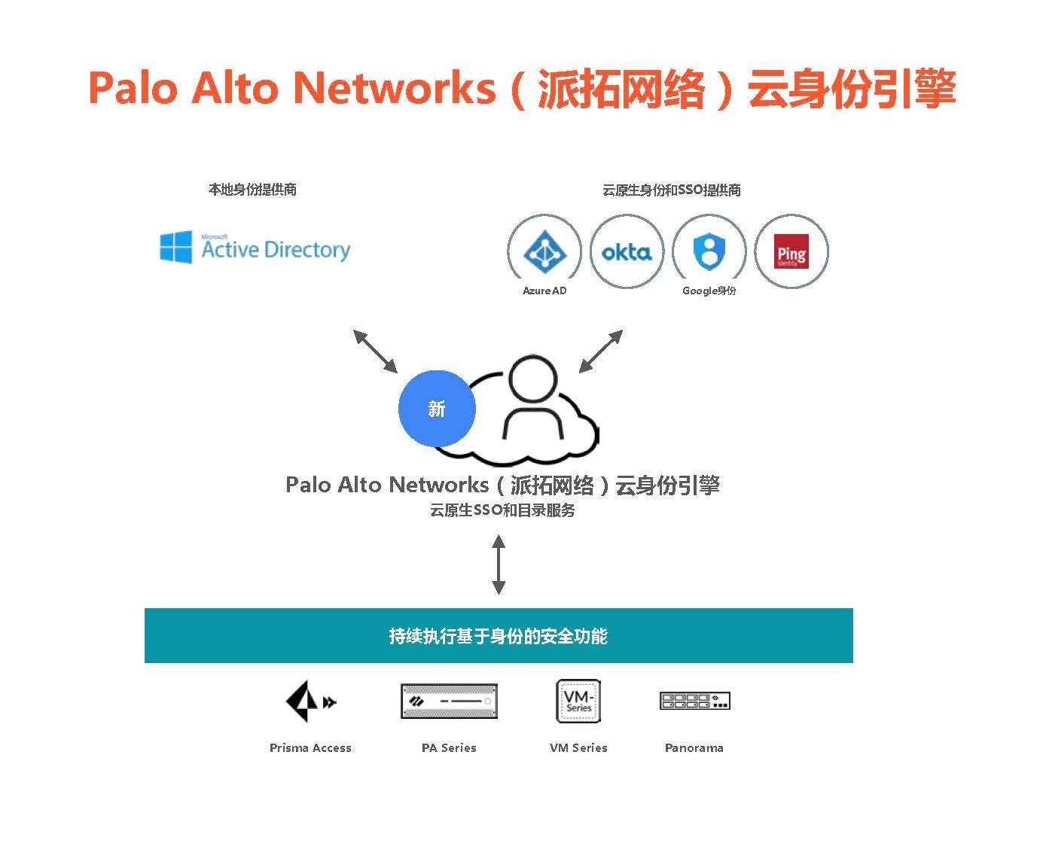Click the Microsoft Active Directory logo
(255, 248)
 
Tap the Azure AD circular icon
(544, 251)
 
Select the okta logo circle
(627, 251)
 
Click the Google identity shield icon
(709, 251)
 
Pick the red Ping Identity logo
(791, 252)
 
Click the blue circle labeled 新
(437, 409)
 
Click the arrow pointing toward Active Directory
(375, 351)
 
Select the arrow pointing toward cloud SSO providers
(600, 351)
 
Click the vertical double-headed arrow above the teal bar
(498, 564)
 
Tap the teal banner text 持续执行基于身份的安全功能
(498, 636)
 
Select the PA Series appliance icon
(449, 701)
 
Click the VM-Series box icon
(578, 701)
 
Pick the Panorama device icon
(694, 701)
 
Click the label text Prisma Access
(310, 747)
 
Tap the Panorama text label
(694, 747)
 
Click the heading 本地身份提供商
(252, 190)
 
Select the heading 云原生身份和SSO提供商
(671, 190)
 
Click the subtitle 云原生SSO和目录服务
(502, 510)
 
